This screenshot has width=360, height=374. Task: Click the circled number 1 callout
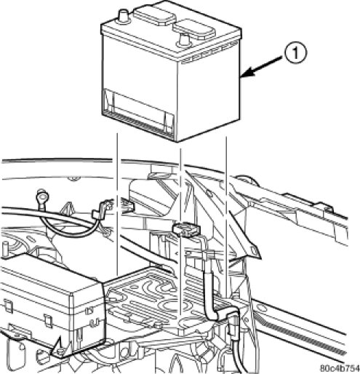coord(295,52)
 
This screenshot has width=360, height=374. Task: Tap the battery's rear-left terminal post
coord(124,16)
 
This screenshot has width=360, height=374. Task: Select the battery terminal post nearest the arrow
coord(184,39)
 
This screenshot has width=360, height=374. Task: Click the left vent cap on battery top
coord(155,15)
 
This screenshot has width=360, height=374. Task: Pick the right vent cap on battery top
coord(194,29)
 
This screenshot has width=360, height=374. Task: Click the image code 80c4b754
coord(340,368)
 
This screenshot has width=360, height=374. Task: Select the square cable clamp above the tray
coord(186,229)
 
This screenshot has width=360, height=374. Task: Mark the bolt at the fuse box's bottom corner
coord(60,351)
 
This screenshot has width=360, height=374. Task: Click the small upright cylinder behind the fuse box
coord(4,248)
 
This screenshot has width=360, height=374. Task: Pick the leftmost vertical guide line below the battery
coord(117,204)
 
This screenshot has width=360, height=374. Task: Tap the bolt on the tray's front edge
coord(158,325)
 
